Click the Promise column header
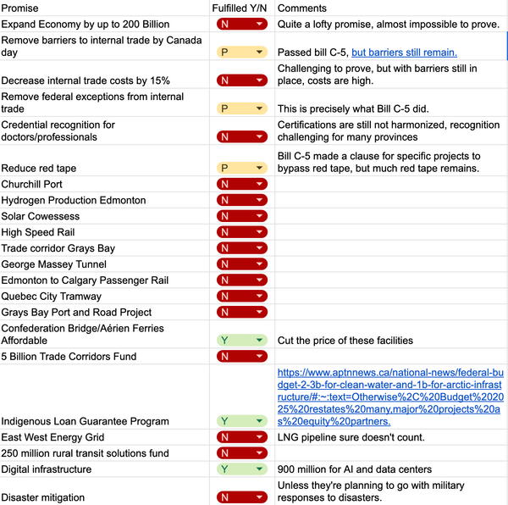(20, 8)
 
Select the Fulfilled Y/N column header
(240, 8)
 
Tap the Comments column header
(302, 8)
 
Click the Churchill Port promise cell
(32, 184)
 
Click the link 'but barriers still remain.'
(405, 53)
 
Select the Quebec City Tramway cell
(51, 297)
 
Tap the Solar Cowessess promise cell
(41, 216)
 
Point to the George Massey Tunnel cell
(54, 264)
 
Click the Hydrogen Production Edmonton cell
(74, 200)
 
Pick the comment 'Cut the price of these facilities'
(345, 341)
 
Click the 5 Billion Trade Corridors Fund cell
(69, 357)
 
